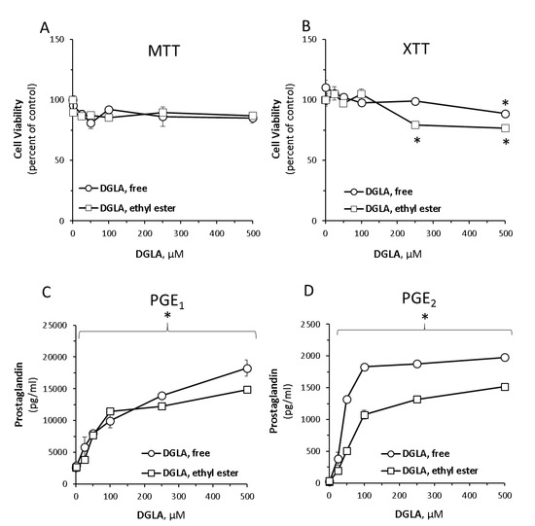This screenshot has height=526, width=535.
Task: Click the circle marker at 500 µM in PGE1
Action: pyautogui.click(x=247, y=368)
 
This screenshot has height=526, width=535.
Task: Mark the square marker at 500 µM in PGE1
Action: pyautogui.click(x=247, y=390)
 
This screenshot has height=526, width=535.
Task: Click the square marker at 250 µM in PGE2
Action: pyautogui.click(x=416, y=400)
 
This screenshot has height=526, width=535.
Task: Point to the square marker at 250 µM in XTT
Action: pyautogui.click(x=415, y=124)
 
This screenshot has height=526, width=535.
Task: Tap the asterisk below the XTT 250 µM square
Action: pyautogui.click(x=416, y=142)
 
